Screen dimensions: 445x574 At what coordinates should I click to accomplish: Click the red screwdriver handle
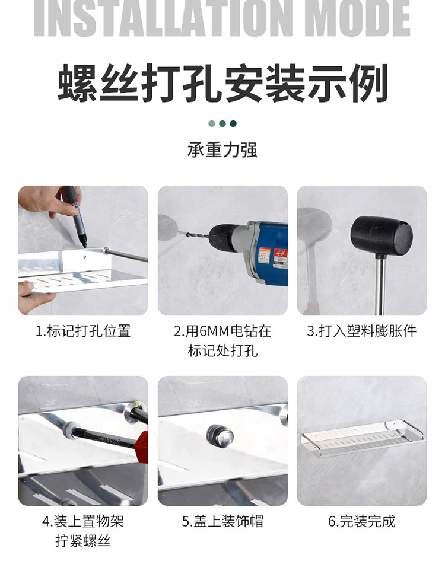coord(142,447)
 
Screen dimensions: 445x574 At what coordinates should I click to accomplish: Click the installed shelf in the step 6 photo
coord(362,438)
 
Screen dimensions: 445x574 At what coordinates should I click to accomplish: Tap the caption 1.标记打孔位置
coord(83,331)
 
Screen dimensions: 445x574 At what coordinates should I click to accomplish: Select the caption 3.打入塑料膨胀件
coord(361,331)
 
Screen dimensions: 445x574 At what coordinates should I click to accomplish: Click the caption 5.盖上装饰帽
coord(223,521)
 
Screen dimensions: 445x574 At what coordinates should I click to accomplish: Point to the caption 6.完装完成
coord(361,521)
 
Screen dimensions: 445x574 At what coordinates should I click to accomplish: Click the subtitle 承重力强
coord(223,149)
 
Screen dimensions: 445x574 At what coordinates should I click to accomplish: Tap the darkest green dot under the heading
coord(233,124)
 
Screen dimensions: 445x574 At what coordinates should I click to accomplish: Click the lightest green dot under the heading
coord(212,124)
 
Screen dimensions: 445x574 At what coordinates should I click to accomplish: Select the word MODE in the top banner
coord(357,18)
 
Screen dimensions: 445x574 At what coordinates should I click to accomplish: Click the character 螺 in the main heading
coord(78,83)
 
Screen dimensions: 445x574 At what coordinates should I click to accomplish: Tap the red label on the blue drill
coord(281,257)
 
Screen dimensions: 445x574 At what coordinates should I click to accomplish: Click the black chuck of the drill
coord(224,238)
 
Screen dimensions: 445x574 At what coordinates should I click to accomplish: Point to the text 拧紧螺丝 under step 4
coord(83,541)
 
